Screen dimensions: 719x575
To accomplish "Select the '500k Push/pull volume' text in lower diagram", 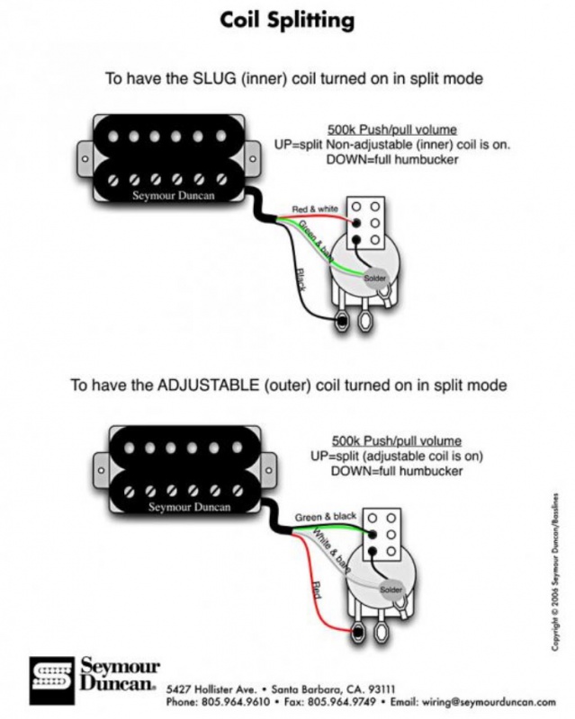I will pos(396,441).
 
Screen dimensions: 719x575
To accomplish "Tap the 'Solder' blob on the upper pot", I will pos(374,280).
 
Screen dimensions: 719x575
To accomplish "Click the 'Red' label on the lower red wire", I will pos(317,590).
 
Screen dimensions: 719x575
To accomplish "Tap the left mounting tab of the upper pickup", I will pos(83,158).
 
